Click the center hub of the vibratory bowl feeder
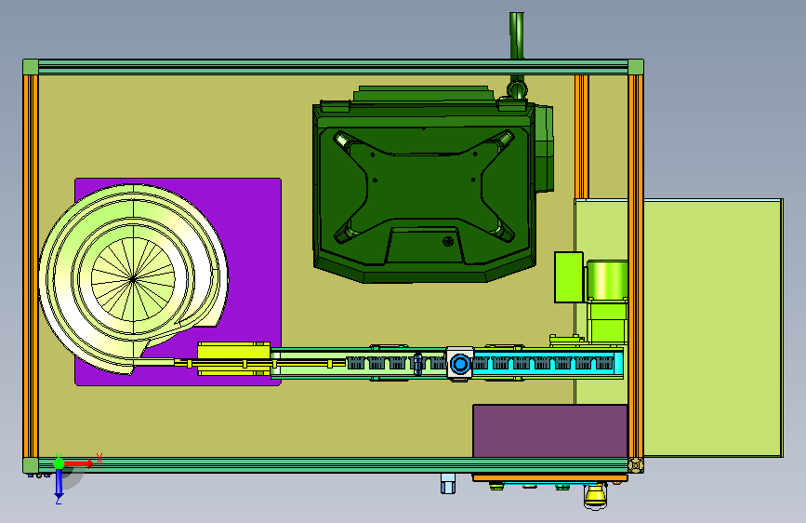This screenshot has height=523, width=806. (x=133, y=279)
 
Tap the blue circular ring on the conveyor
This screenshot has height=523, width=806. (x=460, y=365)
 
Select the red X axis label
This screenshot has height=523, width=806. (x=99, y=459)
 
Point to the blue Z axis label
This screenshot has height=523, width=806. (x=59, y=500)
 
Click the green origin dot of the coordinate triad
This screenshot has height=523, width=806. (x=59, y=463)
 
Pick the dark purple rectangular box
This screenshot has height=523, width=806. (x=550, y=431)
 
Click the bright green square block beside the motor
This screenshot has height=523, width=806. (x=569, y=277)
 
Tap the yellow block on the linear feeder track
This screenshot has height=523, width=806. (x=234, y=358)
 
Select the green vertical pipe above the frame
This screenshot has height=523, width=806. (x=517, y=35)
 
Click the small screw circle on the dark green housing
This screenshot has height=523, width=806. (x=448, y=241)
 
